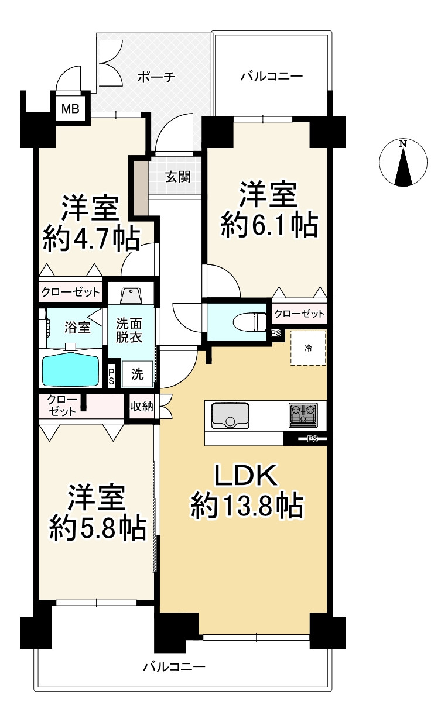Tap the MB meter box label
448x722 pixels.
point(71,108)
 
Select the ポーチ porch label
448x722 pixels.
point(156,77)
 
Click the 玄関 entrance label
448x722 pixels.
point(177,176)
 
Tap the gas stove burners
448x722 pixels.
point(303,414)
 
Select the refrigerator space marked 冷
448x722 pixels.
point(308,348)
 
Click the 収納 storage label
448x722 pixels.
point(141,406)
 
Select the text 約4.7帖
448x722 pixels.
point(91,239)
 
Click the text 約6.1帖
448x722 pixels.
point(269,225)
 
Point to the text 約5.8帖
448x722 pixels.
point(97,529)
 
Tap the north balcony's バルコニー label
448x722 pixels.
point(272,77)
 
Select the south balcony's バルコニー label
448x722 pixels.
point(175,666)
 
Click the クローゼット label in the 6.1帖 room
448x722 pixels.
point(299,314)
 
